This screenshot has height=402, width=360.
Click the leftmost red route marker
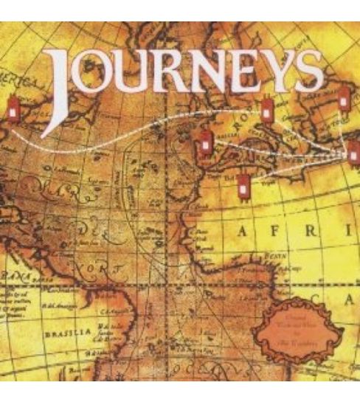12,108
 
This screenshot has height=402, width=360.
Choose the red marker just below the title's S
343,99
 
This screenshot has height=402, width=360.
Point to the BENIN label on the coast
277,252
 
